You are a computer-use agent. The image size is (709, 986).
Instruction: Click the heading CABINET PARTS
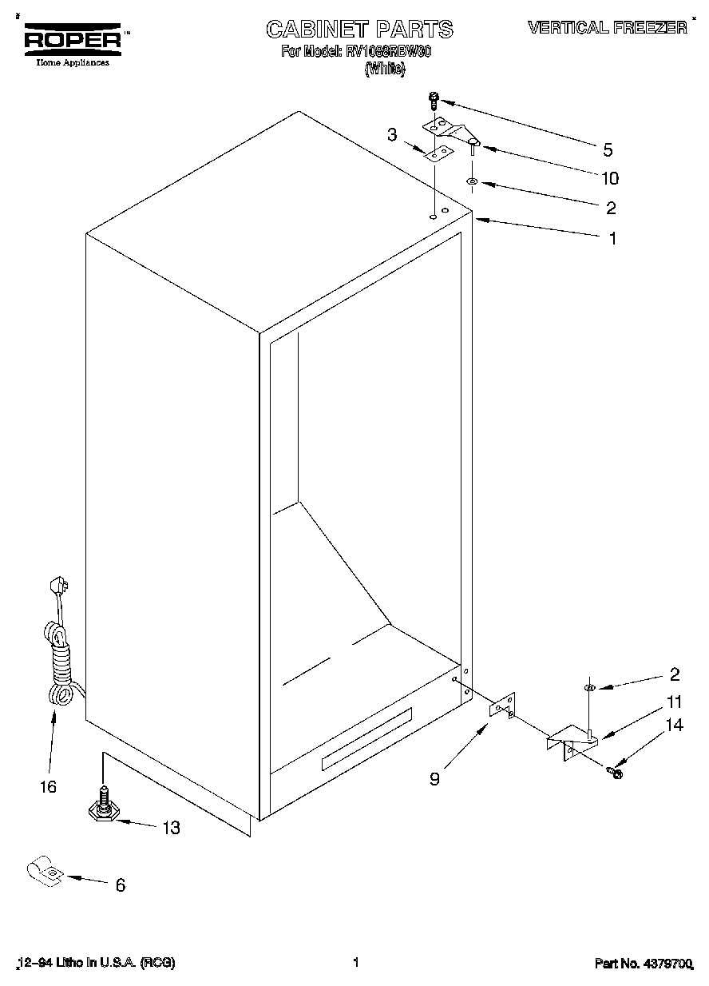click(x=359, y=30)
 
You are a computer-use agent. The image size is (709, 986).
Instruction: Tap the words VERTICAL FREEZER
click(x=607, y=28)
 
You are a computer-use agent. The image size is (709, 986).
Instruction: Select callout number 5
click(x=608, y=149)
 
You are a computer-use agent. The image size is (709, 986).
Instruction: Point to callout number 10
click(x=610, y=178)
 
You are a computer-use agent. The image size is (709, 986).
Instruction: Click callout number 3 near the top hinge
click(x=392, y=135)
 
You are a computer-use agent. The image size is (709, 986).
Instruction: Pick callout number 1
click(x=612, y=237)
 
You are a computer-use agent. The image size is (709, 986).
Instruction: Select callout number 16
click(x=48, y=786)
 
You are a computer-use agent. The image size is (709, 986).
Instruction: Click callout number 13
click(x=170, y=828)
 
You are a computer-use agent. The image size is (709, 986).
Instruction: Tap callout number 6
click(x=120, y=885)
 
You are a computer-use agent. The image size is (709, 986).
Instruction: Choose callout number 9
click(x=434, y=778)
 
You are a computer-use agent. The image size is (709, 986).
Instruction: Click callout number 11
click(x=675, y=703)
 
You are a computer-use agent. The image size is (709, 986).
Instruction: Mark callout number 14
click(x=675, y=726)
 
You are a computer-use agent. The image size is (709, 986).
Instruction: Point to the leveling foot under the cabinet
click(x=105, y=808)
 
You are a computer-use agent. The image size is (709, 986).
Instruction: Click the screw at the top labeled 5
click(x=434, y=100)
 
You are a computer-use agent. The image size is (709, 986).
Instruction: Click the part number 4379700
click(x=643, y=964)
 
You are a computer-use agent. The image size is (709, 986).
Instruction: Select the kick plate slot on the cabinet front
click(x=366, y=739)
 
